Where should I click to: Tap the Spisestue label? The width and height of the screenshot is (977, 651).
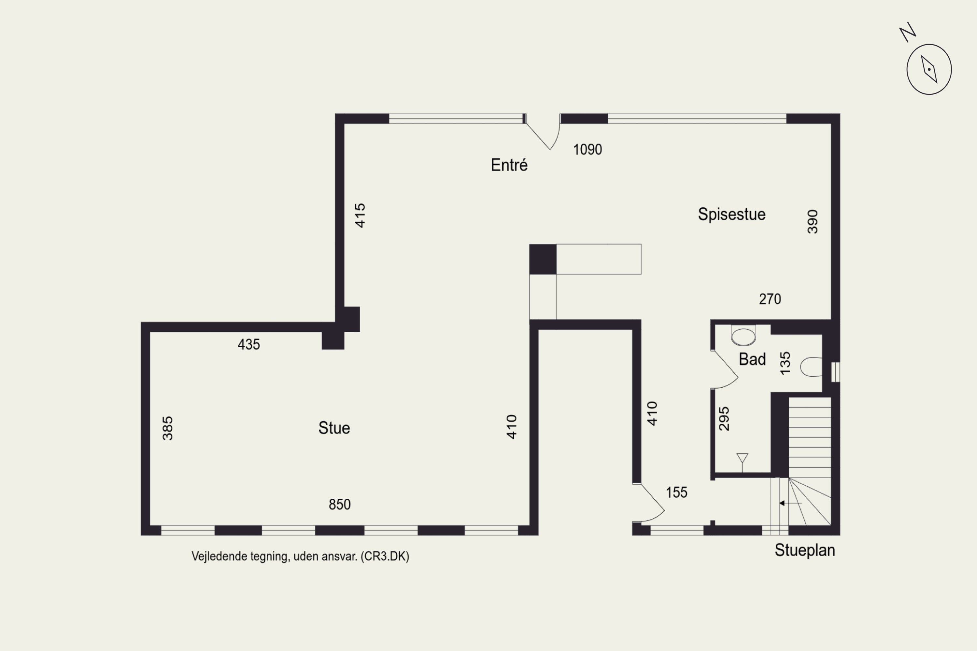pyautogui.click(x=731, y=214)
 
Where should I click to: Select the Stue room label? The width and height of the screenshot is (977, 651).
pyautogui.click(x=334, y=428)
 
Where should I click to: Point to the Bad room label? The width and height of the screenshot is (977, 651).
pyautogui.click(x=752, y=359)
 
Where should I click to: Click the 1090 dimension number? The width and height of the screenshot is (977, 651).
pyautogui.click(x=588, y=149)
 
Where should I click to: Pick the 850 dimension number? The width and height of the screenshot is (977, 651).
pyautogui.click(x=339, y=505)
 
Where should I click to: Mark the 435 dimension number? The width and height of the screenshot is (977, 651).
pyautogui.click(x=248, y=344)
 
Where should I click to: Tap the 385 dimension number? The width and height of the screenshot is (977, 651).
pyautogui.click(x=167, y=428)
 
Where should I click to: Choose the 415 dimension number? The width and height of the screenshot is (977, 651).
pyautogui.click(x=360, y=215)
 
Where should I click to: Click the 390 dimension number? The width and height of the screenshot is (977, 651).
pyautogui.click(x=813, y=222)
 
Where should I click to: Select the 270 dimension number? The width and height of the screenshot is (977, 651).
pyautogui.click(x=770, y=299)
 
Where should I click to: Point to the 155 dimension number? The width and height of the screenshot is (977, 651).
pyautogui.click(x=676, y=492)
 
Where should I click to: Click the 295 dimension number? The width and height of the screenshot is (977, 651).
pyautogui.click(x=724, y=419)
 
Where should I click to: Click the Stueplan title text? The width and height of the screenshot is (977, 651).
pyautogui.click(x=805, y=550)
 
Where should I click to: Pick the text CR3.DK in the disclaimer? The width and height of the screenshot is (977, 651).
pyautogui.click(x=385, y=556)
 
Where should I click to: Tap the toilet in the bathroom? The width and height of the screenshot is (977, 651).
pyautogui.click(x=811, y=367)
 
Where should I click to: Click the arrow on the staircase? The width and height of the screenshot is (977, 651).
pyautogui.click(x=790, y=503)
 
